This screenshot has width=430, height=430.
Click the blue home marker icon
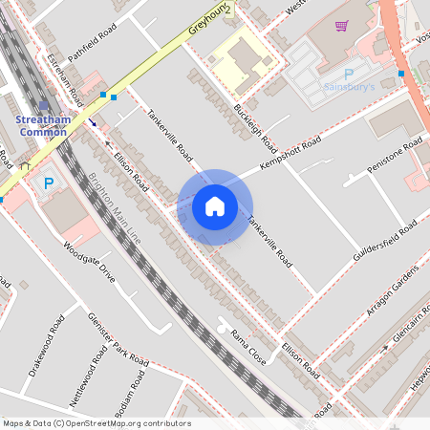click(x=215, y=205)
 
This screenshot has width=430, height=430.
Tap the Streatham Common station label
click(x=42, y=125)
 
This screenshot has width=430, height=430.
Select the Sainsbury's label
click(x=346, y=86)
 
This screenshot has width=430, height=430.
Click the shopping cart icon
click(x=341, y=29)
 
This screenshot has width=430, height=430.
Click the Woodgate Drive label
click(x=89, y=262)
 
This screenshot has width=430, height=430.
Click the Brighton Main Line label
click(x=116, y=209)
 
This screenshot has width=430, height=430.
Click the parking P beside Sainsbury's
click(x=348, y=73)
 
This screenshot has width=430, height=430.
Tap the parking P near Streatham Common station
click(x=48, y=183)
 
